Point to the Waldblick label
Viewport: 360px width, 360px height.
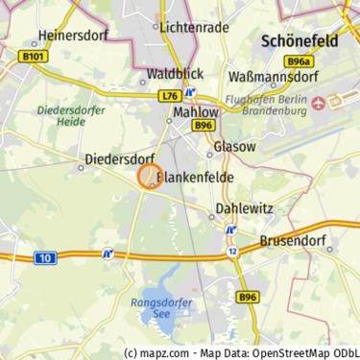click(174, 73)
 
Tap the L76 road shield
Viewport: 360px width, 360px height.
click(170, 95)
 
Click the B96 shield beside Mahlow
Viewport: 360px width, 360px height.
click(203, 125)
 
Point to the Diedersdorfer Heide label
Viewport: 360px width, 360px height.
click(62, 115)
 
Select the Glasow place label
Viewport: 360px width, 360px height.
click(234, 147)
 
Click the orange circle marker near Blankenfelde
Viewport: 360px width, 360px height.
click(149, 177)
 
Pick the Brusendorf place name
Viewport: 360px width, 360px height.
click(294, 241)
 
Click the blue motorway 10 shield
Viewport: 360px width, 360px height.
click(45, 257)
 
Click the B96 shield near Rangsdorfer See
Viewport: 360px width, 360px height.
click(248, 298)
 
